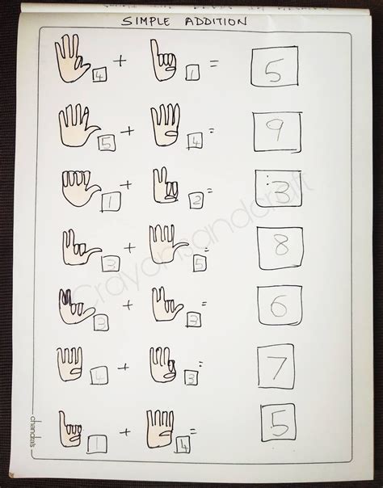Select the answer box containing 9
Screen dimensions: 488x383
click(x=276, y=132)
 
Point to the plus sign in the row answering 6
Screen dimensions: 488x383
click(x=128, y=305)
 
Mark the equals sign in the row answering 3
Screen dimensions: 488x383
click(x=210, y=191)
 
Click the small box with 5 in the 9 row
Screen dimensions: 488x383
click(x=107, y=144)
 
